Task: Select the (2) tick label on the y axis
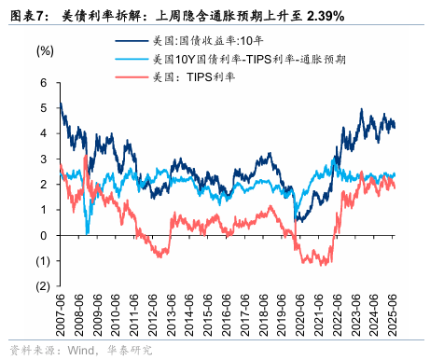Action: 38,286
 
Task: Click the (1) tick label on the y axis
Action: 38,261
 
